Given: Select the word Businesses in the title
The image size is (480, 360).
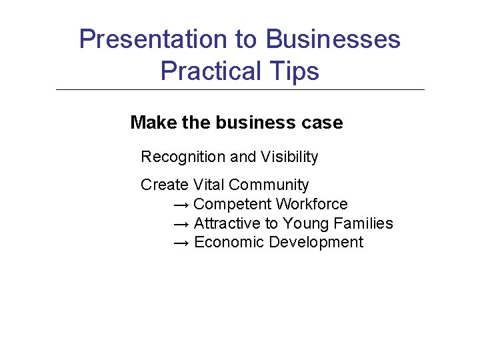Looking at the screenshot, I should (333, 39).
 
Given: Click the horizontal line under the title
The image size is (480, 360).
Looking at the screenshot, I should (240, 89).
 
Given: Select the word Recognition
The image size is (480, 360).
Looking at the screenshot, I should (183, 157).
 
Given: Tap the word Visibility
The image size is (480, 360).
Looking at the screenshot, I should (289, 157).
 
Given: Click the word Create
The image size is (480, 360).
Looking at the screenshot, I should (165, 185).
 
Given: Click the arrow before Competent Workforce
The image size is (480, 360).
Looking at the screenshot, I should (181, 205).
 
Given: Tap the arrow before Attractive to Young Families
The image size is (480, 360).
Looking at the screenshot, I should (181, 224).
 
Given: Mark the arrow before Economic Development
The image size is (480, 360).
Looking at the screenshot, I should (181, 243).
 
